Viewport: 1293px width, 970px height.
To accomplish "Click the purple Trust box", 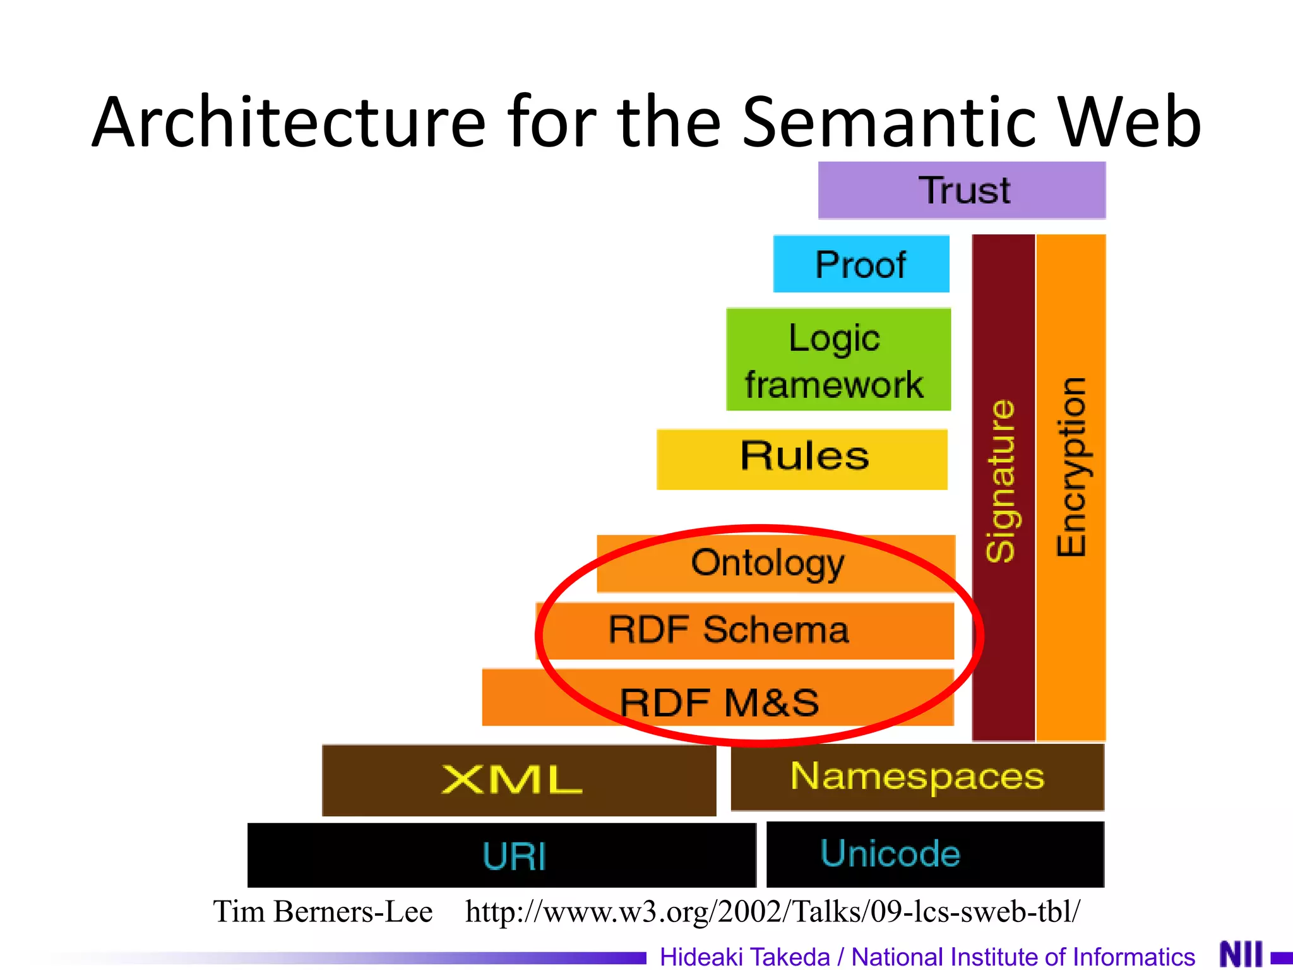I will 962,190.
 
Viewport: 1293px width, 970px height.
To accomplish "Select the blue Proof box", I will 861,264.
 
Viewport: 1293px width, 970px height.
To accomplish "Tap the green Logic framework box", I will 838,359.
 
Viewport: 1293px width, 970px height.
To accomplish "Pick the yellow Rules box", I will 802,458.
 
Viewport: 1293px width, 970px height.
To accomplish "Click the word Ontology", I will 767,563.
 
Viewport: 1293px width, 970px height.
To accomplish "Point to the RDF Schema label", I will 729,630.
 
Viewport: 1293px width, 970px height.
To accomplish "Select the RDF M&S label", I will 719,702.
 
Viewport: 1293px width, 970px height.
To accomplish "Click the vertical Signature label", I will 1002,480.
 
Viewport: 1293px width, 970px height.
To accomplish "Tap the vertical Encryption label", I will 1071,467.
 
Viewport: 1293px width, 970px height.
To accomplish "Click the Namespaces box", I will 917,776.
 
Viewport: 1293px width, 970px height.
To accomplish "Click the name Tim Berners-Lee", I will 323,912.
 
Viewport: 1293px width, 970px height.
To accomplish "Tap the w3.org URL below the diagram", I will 772,912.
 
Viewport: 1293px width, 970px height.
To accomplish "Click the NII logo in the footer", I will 1241,954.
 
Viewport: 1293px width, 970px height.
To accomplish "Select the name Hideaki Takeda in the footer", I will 744,956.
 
